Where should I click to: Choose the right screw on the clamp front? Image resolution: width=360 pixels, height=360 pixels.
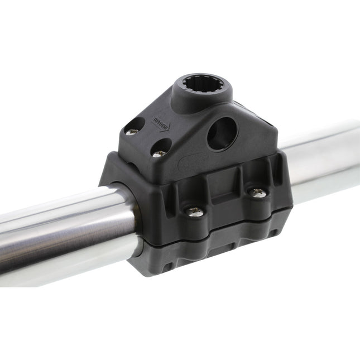[x=258, y=193]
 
